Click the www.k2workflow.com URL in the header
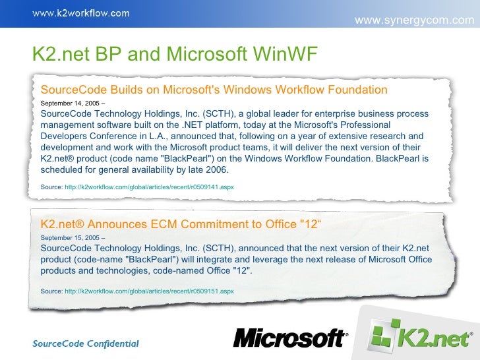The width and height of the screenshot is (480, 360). coord(82,13)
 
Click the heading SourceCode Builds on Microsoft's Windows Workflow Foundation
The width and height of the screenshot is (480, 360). coord(214,90)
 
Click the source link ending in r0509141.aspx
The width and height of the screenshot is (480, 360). coord(149,187)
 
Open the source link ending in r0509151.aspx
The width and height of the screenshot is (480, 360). coord(149,290)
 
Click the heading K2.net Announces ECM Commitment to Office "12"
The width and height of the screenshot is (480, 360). coord(181,224)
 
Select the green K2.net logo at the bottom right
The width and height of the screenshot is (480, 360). coord(422,338)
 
